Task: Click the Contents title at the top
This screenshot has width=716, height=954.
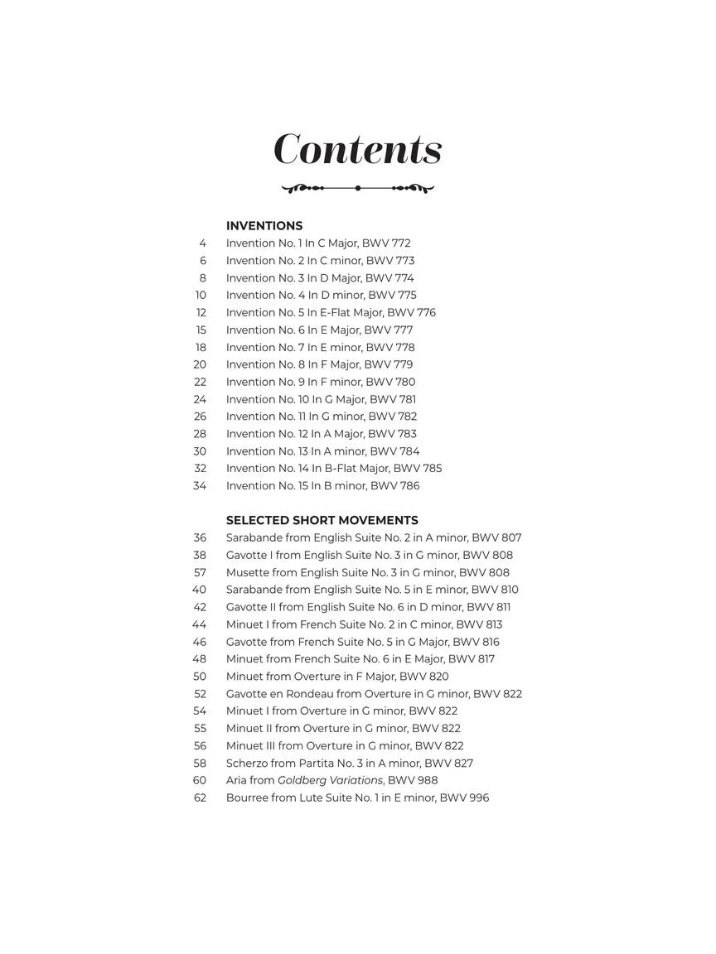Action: (x=358, y=150)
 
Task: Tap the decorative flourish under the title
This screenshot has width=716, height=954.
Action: (x=358, y=189)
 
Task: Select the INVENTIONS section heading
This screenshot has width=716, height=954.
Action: (x=264, y=225)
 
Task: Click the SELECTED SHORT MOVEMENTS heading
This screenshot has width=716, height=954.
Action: (x=322, y=520)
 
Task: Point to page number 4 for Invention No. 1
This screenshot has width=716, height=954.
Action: (x=202, y=243)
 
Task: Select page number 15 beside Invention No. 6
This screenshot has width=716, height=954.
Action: (x=201, y=330)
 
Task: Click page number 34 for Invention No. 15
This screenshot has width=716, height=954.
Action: (x=200, y=486)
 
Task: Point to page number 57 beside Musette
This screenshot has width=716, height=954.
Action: (x=200, y=572)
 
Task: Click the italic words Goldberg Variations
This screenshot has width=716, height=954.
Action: (x=330, y=780)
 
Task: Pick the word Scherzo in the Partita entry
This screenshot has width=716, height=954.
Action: (x=247, y=764)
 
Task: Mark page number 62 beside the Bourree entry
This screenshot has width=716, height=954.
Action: (x=200, y=797)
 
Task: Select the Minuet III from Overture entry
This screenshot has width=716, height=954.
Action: (x=345, y=745)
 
